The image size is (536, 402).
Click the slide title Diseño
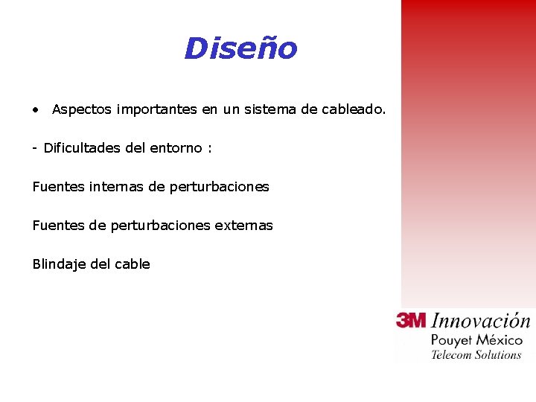[240, 49]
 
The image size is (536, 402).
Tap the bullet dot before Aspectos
[36, 110]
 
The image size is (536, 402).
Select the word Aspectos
[81, 110]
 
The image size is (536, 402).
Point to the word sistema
[270, 110]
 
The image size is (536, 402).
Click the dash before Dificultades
[35, 148]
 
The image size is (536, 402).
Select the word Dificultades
[83, 148]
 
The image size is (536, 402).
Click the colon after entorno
[210, 149]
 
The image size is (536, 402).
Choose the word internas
[117, 187]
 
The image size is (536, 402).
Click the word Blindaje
[59, 264]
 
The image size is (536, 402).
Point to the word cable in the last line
[131, 264]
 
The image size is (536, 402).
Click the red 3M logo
[411, 320]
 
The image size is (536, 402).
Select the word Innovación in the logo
[480, 322]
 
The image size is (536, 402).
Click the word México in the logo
[500, 339]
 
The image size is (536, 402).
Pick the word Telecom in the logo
[452, 355]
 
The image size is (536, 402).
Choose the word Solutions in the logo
[498, 355]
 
